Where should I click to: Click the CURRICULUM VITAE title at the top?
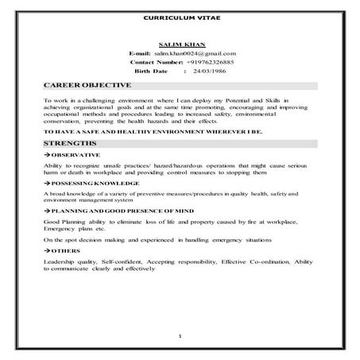click(x=180, y=17)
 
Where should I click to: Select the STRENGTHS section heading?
click(x=71, y=143)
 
